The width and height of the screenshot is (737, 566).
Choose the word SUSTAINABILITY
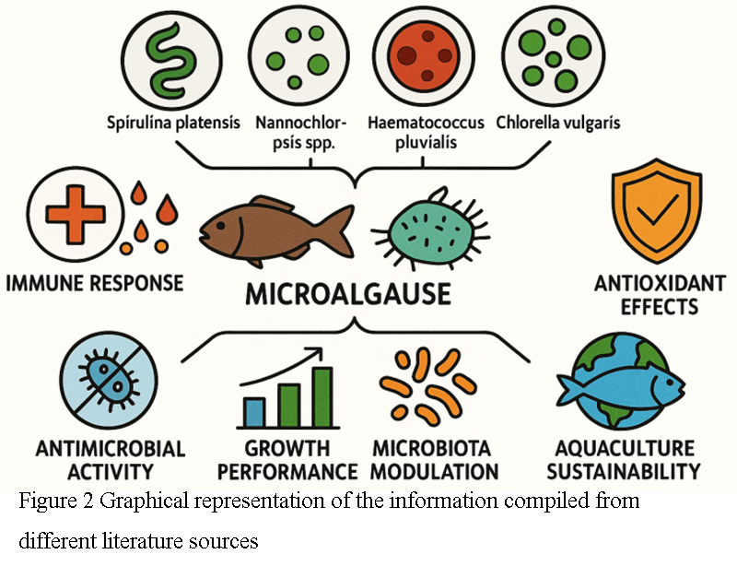[623, 472]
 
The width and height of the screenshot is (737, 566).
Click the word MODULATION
[435, 472]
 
